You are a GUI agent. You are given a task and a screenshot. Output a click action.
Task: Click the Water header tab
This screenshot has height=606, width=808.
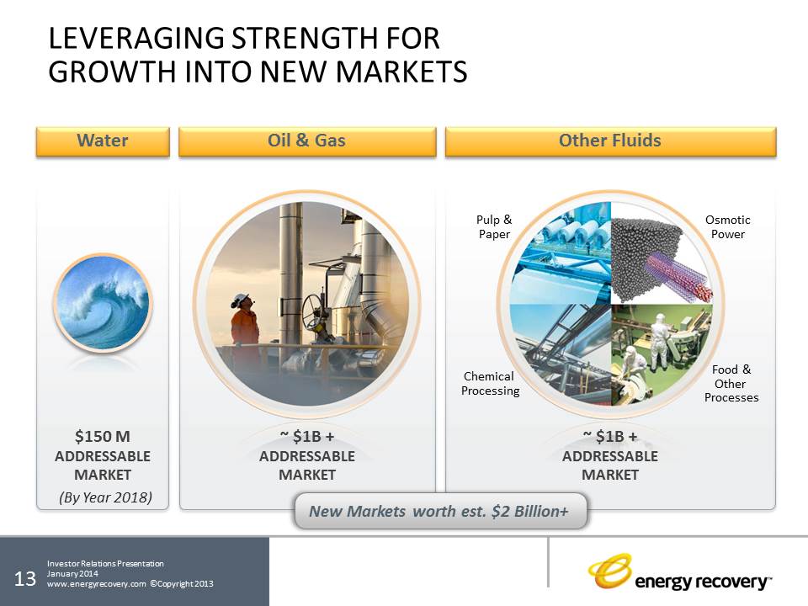tap(103, 141)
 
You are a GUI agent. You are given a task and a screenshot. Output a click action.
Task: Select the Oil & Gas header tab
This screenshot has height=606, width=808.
tap(307, 141)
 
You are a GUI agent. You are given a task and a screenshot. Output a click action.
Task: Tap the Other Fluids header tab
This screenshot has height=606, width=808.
tap(611, 141)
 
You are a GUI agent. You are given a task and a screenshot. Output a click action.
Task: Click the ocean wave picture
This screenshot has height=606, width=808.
tap(103, 303)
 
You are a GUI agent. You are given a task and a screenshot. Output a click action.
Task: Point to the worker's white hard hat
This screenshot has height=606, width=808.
tap(240, 300)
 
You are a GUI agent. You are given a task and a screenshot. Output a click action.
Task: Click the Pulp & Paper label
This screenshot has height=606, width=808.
tap(494, 226)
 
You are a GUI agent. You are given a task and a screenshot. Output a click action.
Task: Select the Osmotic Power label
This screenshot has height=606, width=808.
tap(727, 226)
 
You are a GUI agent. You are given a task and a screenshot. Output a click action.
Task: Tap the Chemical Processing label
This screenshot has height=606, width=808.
tap(490, 384)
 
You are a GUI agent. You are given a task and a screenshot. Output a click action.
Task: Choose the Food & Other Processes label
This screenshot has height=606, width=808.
tap(731, 384)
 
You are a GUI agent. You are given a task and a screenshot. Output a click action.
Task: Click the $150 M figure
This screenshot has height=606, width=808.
tap(103, 437)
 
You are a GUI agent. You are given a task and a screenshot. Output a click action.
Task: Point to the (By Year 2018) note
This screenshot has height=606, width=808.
tap(106, 497)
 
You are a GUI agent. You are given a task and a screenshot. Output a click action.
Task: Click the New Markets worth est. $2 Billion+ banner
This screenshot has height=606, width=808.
tap(440, 511)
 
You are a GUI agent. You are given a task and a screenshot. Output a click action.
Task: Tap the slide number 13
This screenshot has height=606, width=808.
tap(24, 579)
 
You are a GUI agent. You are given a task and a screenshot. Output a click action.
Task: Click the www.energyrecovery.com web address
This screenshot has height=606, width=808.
tap(96, 584)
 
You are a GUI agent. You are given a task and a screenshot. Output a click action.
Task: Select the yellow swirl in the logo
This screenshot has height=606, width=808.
tap(609, 571)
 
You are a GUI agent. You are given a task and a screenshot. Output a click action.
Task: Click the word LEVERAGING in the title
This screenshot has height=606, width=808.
tap(136, 39)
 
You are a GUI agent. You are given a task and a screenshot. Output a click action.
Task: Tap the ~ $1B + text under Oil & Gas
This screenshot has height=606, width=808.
tap(307, 437)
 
